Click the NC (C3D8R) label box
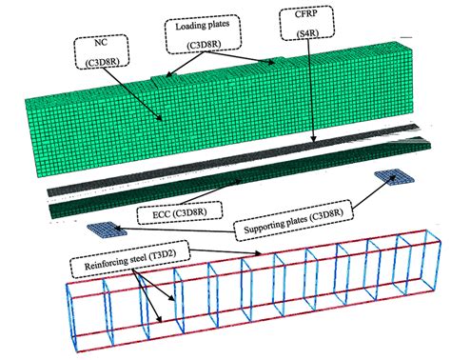coord(102,51)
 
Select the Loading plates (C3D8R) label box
coord(203,33)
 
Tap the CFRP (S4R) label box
coord(306,23)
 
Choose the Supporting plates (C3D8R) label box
coord(293,220)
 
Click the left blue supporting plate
coord(107,230)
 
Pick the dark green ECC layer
coord(240,178)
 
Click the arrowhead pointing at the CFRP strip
coord(313,139)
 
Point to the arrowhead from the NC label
coord(160,118)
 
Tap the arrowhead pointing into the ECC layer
coord(238,181)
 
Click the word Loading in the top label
coord(188,26)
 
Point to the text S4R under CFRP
coord(307,33)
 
